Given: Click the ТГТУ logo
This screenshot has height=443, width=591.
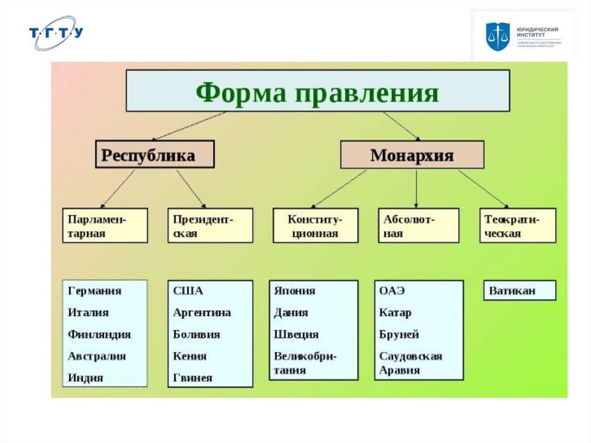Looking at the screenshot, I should pos(56,33).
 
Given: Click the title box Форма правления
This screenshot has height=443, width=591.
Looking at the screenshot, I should pos(317,91).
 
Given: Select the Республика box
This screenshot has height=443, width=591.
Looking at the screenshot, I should pos(154,154).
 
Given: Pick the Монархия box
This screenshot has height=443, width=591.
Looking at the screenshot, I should pos(412,154).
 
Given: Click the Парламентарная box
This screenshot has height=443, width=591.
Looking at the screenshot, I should pos(104,225).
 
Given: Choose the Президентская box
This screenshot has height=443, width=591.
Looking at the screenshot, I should pos(210,225).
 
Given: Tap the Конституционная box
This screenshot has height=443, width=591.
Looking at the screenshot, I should pos(315,225).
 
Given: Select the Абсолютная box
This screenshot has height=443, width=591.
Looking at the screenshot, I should pos(418,225).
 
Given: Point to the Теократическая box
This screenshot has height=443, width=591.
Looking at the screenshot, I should pos(518,225).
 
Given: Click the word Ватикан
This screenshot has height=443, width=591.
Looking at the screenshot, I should pos(512,291).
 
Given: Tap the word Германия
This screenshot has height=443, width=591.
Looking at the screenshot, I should pos(94,291).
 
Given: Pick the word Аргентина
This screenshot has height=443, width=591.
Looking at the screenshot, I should pos(201,312).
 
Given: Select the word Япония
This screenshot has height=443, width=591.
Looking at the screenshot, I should pos(294,291).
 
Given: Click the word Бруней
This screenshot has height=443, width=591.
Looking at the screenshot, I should pos(399,334).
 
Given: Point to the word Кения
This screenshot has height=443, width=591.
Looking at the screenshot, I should pos(189,356).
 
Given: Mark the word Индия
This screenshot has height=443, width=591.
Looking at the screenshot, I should pos(85,378).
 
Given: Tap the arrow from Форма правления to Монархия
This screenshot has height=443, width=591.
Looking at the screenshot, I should pos(402,125).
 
